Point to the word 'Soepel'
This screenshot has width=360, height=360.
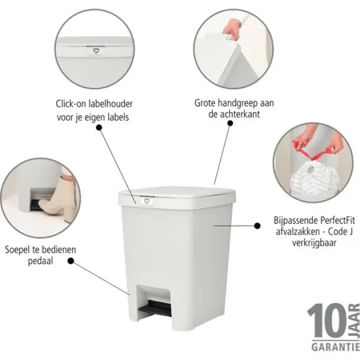tap(19, 250)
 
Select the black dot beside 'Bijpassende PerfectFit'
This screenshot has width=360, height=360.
tap(258, 225)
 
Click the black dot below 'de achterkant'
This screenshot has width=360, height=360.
tap(230, 129)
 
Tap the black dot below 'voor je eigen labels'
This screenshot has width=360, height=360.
tap(99, 128)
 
